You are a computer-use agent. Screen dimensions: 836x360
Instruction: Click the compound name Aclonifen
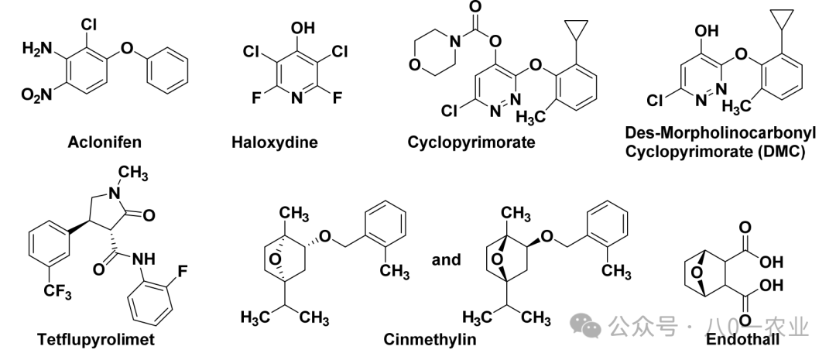pos(104,142)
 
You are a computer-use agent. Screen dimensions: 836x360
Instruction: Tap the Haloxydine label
pos(275,142)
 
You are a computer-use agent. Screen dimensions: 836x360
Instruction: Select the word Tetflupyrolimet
pos(96,339)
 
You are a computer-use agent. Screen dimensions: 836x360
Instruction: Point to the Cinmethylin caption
pos(430,339)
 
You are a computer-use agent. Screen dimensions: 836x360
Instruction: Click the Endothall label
pos(742,339)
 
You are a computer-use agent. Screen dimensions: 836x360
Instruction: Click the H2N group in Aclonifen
pos(38,49)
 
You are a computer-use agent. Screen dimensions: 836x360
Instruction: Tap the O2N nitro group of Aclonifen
pos(37,95)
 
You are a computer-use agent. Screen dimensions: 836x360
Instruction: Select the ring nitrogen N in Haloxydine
pos(297,98)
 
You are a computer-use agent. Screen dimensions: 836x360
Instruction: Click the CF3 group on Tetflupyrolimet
pos(57,293)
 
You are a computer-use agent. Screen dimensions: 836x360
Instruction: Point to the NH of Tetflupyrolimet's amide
pos(142,259)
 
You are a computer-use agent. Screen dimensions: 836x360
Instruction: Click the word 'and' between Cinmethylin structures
pos(447,259)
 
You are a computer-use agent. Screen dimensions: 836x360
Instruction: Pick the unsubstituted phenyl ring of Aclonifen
pos(167,71)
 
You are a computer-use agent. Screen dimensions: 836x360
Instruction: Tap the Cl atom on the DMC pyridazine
pos(656,100)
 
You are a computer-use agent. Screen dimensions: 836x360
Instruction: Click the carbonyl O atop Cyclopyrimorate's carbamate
pos(475,8)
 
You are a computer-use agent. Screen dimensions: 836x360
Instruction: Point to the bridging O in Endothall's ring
pos(697,273)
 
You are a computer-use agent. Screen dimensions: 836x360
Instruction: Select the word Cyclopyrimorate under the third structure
pos(471,142)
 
